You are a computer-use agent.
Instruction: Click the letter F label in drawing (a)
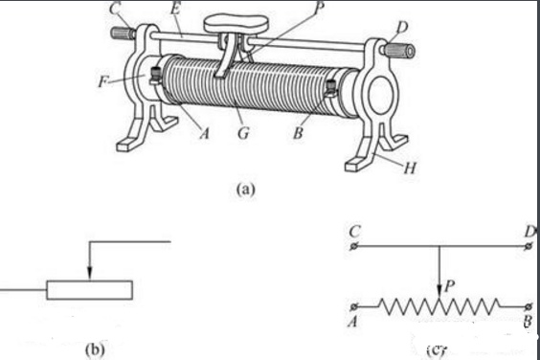(102, 81)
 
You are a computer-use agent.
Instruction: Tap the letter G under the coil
(243, 133)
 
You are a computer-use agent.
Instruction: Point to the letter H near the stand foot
(410, 168)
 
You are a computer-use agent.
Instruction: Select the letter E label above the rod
(175, 9)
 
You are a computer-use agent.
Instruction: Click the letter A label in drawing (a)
(205, 133)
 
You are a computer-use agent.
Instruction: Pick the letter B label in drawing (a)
(298, 133)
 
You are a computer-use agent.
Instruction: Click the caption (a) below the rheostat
(246, 190)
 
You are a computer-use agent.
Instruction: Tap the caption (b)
(95, 349)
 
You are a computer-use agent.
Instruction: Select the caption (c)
(436, 350)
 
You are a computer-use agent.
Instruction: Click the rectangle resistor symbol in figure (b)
(90, 290)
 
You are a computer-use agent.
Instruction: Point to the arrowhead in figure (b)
(90, 272)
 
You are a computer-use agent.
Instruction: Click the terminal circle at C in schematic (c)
(353, 246)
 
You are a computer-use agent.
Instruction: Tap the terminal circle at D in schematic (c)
(529, 246)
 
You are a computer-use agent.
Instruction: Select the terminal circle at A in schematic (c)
(353, 306)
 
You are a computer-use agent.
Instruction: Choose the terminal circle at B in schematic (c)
(529, 306)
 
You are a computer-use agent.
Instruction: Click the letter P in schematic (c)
(449, 285)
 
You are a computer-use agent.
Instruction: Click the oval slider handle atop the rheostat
(236, 25)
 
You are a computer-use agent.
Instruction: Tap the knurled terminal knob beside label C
(123, 33)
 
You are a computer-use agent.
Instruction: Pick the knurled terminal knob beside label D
(399, 51)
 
